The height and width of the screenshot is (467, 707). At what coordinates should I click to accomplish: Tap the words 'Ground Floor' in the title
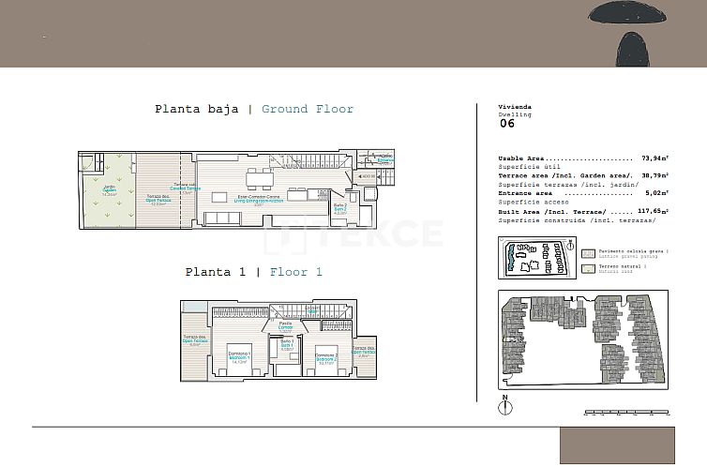click(x=308, y=109)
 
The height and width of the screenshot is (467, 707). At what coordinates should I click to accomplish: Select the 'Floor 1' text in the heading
click(x=295, y=272)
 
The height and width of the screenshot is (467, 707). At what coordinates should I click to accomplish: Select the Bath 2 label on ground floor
click(x=340, y=207)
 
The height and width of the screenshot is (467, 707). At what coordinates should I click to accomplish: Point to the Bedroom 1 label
click(x=238, y=355)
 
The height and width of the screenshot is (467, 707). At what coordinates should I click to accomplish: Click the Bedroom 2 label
click(x=325, y=356)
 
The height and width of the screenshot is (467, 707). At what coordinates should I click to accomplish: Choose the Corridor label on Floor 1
click(x=285, y=326)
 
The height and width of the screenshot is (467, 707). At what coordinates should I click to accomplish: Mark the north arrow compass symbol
click(x=504, y=406)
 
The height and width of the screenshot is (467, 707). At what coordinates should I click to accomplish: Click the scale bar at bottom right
click(x=626, y=412)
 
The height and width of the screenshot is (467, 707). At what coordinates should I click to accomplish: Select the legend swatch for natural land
click(x=588, y=268)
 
